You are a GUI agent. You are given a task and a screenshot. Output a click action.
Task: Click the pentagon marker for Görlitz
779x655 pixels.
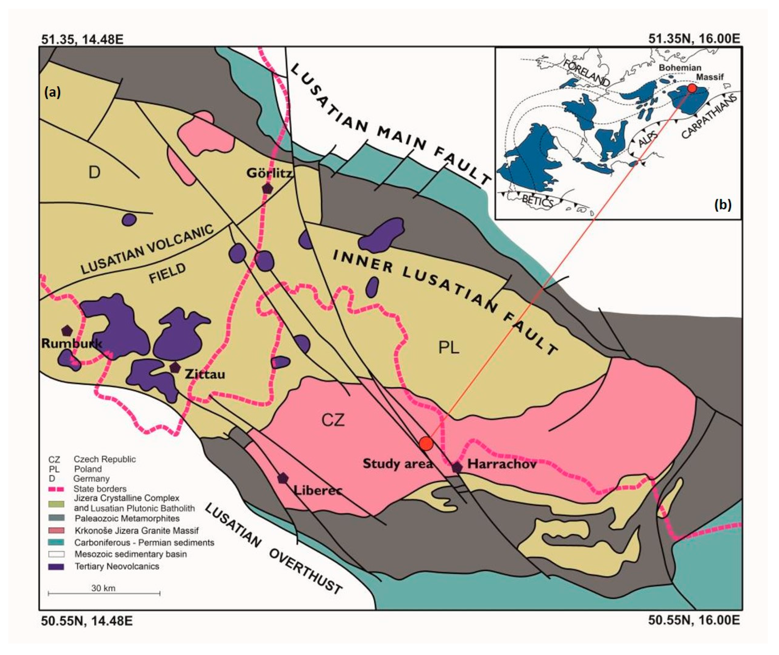(x=267, y=188)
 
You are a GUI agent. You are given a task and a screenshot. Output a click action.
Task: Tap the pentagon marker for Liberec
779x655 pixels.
(x=283, y=478)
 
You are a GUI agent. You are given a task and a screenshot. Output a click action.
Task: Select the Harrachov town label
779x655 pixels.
(x=502, y=464)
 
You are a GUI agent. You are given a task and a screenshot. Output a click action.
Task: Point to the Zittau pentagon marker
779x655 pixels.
(x=175, y=367)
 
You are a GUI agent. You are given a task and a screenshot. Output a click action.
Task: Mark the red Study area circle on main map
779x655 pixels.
(x=426, y=443)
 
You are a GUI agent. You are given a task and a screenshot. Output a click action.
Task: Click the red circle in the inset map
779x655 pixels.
(x=692, y=88)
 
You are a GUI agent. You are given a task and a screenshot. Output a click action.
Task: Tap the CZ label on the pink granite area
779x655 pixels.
(x=333, y=421)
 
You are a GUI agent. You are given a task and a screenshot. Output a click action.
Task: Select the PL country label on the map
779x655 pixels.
(x=449, y=348)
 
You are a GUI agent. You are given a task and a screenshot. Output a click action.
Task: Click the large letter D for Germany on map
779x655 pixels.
(x=94, y=172)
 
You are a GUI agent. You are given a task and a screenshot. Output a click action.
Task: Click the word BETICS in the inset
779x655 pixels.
(x=537, y=200)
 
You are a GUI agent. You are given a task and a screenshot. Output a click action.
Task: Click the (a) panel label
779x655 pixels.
(x=52, y=92)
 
